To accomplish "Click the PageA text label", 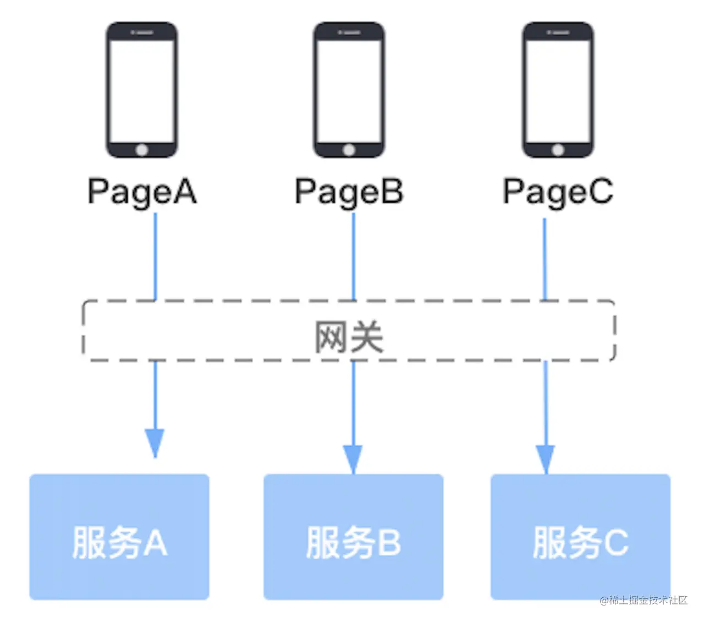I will coord(142,192).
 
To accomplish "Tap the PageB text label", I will coord(349,192).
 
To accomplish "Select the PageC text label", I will coord(558,192).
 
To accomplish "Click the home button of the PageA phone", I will coord(142,150).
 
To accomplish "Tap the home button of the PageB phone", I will coord(349,150).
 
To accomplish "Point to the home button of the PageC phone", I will coord(558,150).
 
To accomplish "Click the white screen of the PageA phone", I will coord(142,91).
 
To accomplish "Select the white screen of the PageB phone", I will coord(349,91).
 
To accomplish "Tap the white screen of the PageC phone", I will coord(558,91).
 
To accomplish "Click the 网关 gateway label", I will coord(349,337).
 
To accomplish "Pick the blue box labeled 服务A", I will coord(119,537).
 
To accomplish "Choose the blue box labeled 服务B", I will coord(353,537).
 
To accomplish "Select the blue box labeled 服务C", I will coord(580,537).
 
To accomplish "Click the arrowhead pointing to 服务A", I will coord(155,443).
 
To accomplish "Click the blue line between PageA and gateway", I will coord(155,256).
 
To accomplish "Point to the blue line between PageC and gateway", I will coord(544,259).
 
